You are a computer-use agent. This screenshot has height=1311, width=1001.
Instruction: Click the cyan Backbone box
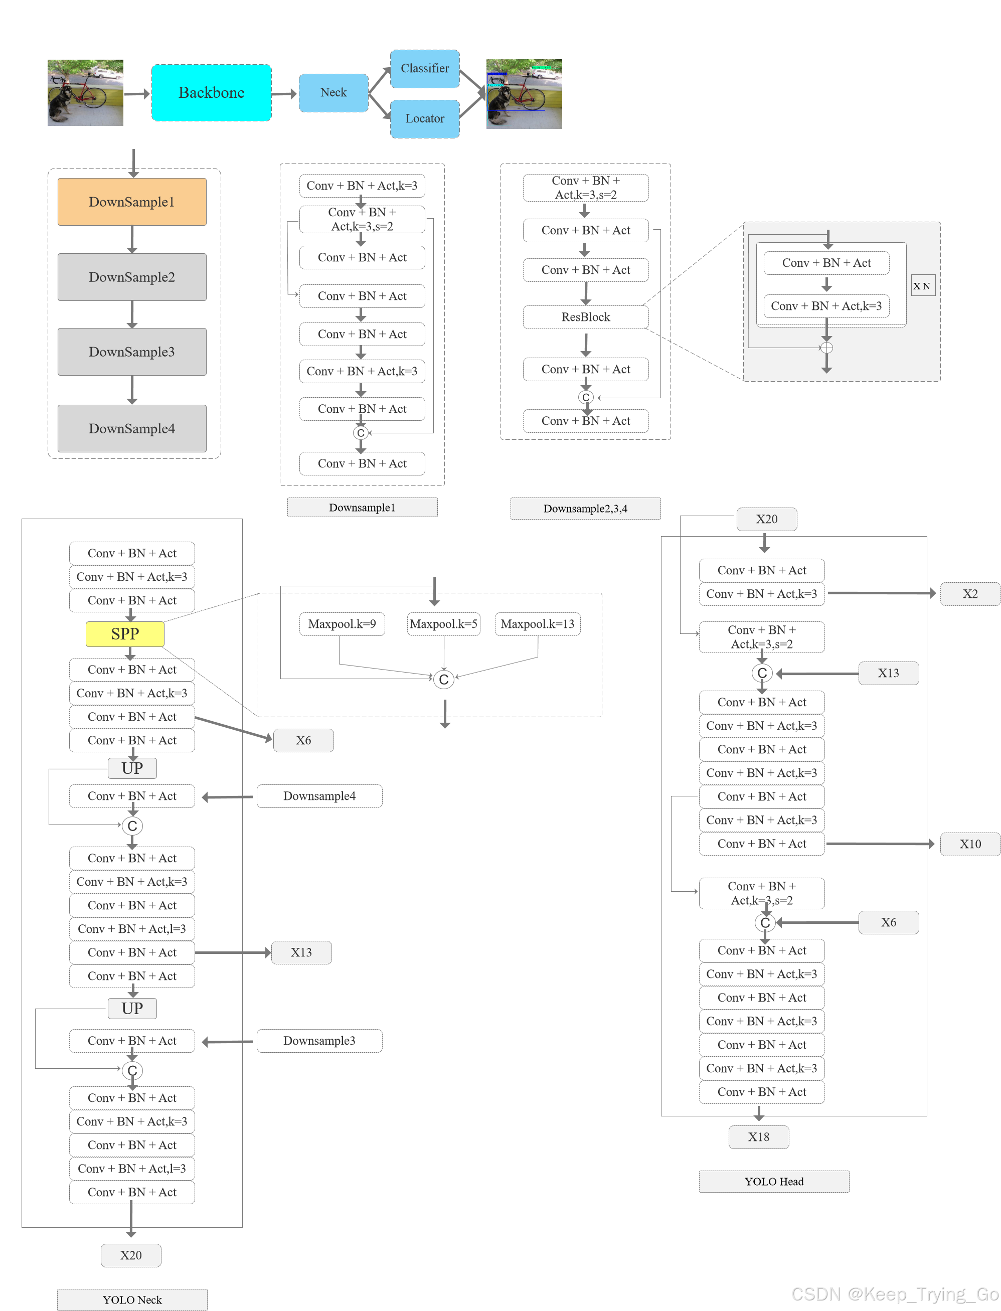[x=212, y=92]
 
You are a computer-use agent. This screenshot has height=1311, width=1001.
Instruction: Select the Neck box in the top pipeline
[x=333, y=92]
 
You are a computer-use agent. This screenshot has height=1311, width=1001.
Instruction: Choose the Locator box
[x=424, y=118]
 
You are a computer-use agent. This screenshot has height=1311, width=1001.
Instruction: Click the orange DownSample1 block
[x=132, y=202]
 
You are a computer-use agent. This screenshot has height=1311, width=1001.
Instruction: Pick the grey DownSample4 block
[x=132, y=428]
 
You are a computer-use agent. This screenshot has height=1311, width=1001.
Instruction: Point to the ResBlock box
[x=585, y=317]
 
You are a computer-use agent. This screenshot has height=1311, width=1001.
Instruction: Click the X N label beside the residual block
[x=922, y=285]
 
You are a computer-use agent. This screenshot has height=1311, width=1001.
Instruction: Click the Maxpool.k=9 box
[x=342, y=624]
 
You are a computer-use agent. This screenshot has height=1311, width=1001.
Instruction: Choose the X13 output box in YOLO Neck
[x=301, y=952]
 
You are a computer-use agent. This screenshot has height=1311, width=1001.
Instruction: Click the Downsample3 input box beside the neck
[x=319, y=1041]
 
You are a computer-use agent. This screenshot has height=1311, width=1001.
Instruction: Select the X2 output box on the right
[x=969, y=593]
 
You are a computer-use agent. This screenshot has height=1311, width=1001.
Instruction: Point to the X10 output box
[x=969, y=844]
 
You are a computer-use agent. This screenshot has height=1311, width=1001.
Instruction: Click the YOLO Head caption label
[x=773, y=1181]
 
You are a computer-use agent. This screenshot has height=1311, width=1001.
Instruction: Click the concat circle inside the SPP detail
[x=443, y=680]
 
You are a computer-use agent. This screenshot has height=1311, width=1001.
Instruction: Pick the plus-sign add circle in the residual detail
[x=826, y=348]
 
